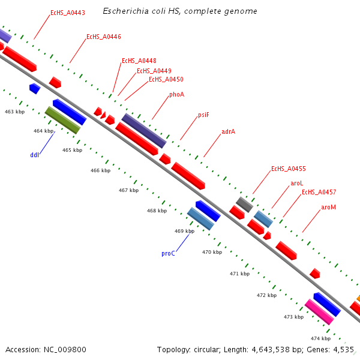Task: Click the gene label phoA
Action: coord(176,94)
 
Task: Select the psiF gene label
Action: coord(203,115)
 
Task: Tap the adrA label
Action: coord(228,131)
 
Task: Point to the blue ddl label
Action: coord(35,155)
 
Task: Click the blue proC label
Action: coord(168,254)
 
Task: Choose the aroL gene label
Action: coord(297,183)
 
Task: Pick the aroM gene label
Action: coord(328,208)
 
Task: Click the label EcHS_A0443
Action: coord(68,13)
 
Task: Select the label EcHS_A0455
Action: coord(289,169)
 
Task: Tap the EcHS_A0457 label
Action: coord(319,193)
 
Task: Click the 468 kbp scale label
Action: coord(157,211)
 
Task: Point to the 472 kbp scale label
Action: coord(266,296)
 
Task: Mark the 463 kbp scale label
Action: coord(14,112)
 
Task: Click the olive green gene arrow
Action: coord(62,120)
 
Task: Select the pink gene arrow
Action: coord(319,312)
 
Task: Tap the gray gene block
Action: coord(244,205)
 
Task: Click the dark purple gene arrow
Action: coord(144,131)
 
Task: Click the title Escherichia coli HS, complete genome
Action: coord(180,11)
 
